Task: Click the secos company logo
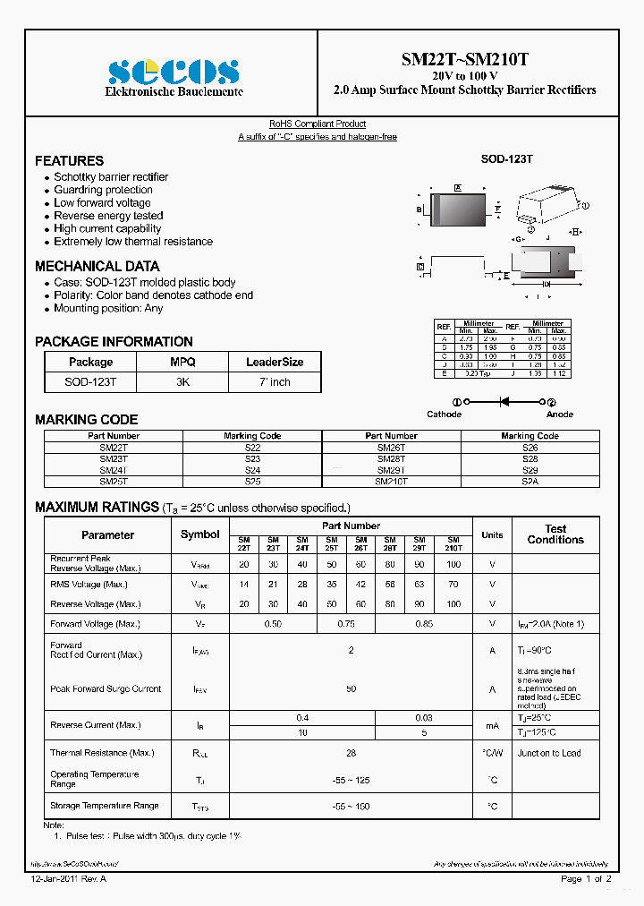173,71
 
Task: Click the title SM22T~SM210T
464,60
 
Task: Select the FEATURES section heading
69,161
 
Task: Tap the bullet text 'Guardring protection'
103,190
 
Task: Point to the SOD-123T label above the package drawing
506,158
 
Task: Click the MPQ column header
182,363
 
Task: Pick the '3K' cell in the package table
182,382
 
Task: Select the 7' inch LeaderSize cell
274,382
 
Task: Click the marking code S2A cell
530,481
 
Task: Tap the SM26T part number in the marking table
391,447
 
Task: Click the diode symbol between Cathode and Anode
504,403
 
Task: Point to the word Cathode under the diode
445,415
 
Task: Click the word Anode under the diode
560,415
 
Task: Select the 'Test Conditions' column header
555,534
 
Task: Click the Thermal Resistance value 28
351,753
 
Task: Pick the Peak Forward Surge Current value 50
351,689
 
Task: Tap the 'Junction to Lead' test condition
548,753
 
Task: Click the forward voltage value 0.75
347,624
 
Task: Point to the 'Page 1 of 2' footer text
586,880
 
